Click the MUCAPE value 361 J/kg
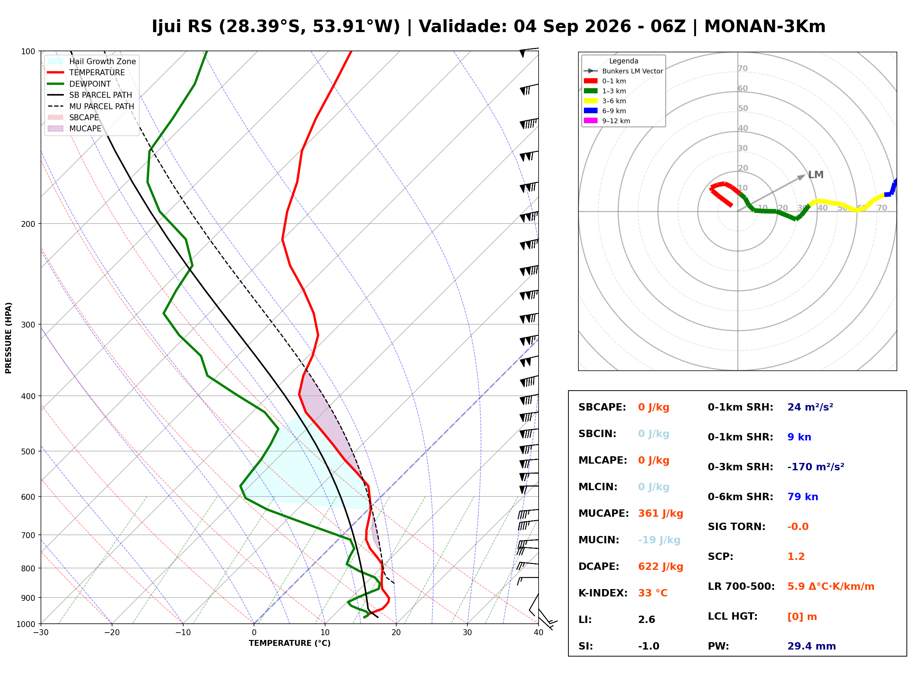(x=661, y=513)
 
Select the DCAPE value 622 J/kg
(x=661, y=567)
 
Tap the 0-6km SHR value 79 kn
(x=803, y=497)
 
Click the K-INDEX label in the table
(x=603, y=593)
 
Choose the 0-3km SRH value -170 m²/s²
(x=816, y=467)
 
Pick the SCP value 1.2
(x=796, y=557)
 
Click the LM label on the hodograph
(x=816, y=175)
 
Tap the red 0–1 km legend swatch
(x=590, y=81)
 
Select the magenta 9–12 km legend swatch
(x=590, y=121)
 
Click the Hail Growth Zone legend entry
(x=92, y=61)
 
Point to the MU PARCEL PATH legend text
(x=102, y=106)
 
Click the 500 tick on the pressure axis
(x=28, y=451)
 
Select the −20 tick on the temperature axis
(x=112, y=633)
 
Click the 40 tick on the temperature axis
(x=539, y=633)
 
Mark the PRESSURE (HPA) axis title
(x=8, y=338)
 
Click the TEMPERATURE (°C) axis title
(x=290, y=644)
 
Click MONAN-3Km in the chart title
(x=765, y=27)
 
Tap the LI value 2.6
(x=647, y=620)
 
